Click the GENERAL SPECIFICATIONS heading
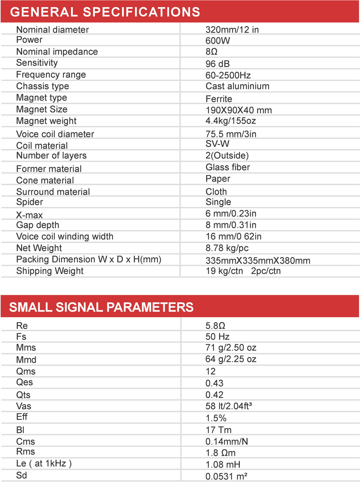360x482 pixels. click(x=105, y=12)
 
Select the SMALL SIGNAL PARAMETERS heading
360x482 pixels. click(x=102, y=307)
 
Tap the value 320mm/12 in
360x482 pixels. click(x=232, y=30)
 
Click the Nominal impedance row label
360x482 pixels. click(x=57, y=52)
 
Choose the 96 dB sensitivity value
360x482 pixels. click(x=218, y=63)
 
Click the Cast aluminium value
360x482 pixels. click(x=238, y=86)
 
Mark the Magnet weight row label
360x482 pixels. click(x=46, y=121)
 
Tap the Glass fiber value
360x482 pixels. click(x=228, y=167)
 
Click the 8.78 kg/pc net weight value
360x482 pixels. click(x=227, y=248)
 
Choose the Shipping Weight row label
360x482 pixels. click(x=50, y=271)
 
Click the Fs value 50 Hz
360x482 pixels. click(x=218, y=337)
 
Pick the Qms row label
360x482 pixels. click(x=26, y=371)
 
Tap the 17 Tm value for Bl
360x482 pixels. click(x=219, y=430)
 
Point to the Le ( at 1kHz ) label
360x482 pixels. click(x=44, y=464)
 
